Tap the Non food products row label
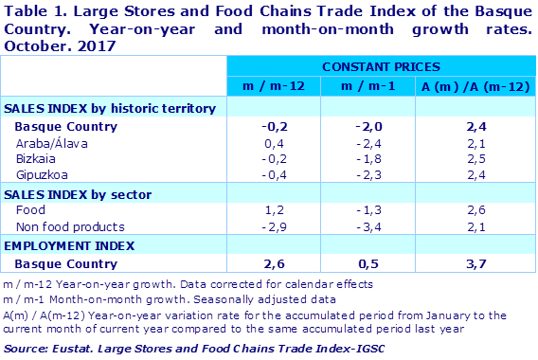[70, 226]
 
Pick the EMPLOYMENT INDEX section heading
[61, 244]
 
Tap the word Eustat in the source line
[79, 350]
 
